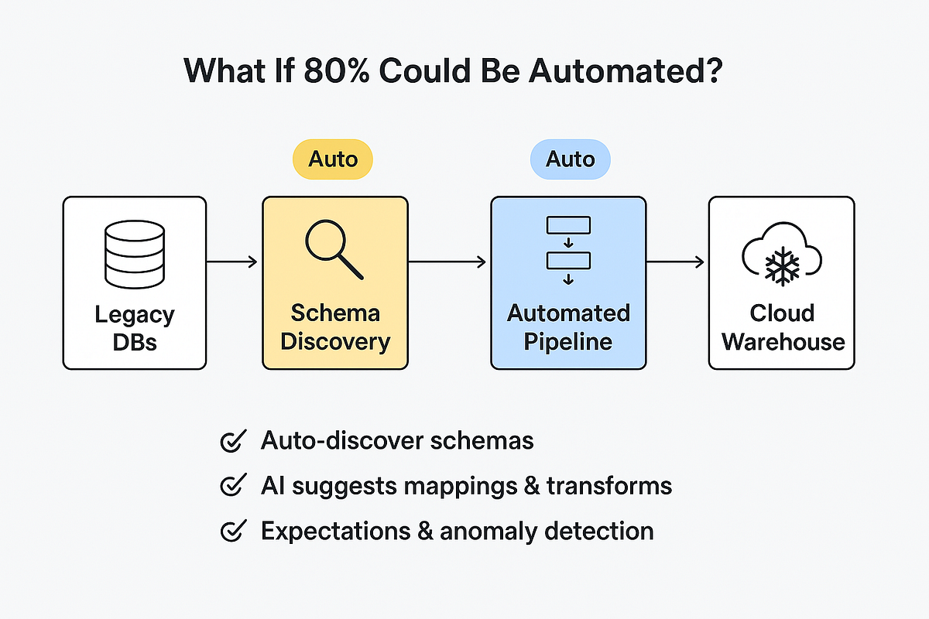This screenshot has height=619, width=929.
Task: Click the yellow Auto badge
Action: coord(333,159)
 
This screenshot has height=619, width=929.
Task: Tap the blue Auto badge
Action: coord(570,159)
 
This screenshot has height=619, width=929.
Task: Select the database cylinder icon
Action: coord(134,255)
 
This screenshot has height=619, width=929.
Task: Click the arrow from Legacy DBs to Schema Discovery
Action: coord(233,263)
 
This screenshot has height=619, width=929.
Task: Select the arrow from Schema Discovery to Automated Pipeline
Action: coord(448,263)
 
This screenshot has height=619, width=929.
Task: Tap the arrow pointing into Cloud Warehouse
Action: coord(675,263)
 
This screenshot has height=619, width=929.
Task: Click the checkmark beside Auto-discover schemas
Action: coord(233,441)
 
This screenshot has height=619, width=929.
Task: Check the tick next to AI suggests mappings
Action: coord(233,486)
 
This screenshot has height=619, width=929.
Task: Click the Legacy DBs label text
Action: coord(134,328)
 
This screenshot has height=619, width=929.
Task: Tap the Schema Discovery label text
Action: coord(334,327)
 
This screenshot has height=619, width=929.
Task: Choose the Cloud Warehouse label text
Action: coord(782,327)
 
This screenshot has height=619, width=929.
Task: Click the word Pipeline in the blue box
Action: coord(568,341)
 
